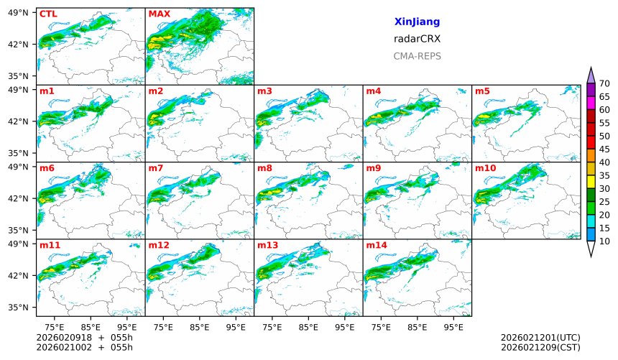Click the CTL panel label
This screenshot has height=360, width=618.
pos(48,14)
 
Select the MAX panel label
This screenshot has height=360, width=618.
pos(159,14)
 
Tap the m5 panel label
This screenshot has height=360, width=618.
pos(482,91)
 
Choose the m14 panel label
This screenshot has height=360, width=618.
pos(376,245)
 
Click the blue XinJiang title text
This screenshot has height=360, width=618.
pos(417,22)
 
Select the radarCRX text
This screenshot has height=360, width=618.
pos(417,40)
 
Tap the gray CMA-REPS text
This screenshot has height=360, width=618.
pos(417,56)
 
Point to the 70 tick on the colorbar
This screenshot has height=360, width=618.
pos(604,84)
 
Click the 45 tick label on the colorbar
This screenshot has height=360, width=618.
pos(604,149)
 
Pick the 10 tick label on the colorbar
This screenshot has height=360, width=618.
pos(604,241)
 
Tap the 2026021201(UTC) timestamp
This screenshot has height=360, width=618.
pos(540,338)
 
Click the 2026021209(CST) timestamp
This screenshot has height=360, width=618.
pos(540,347)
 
